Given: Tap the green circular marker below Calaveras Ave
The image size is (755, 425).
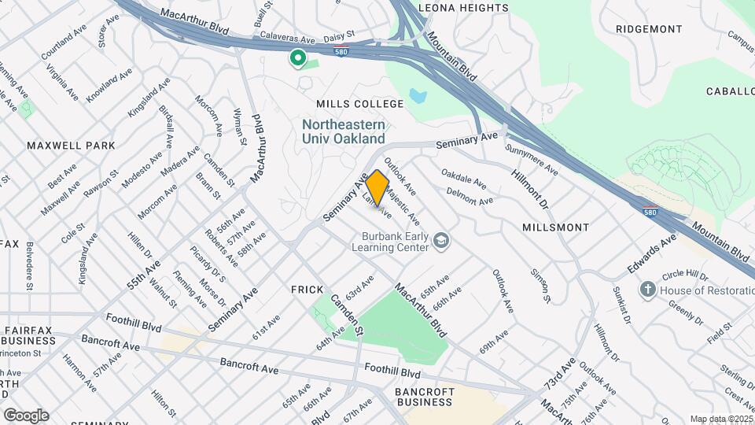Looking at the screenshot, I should coord(298,58).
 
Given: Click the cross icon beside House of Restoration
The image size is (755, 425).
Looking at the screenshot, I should coord(647,290).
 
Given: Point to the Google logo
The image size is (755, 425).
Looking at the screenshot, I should coord(26,415).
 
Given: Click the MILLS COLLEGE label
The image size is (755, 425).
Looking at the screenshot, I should coord(359,104).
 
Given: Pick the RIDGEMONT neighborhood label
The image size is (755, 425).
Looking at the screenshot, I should coord(649,29).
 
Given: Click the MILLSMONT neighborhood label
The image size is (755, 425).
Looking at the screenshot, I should coord(555,227).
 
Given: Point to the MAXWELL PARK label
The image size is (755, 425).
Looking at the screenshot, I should coord(71,146).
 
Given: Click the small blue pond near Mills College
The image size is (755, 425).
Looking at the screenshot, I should coord(418,98).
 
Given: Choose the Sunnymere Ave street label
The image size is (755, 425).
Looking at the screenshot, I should coord(532,159).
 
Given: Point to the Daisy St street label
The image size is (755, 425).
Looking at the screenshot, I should coord(340,36).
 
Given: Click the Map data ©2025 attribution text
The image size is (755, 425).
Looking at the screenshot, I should coord(720,419).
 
